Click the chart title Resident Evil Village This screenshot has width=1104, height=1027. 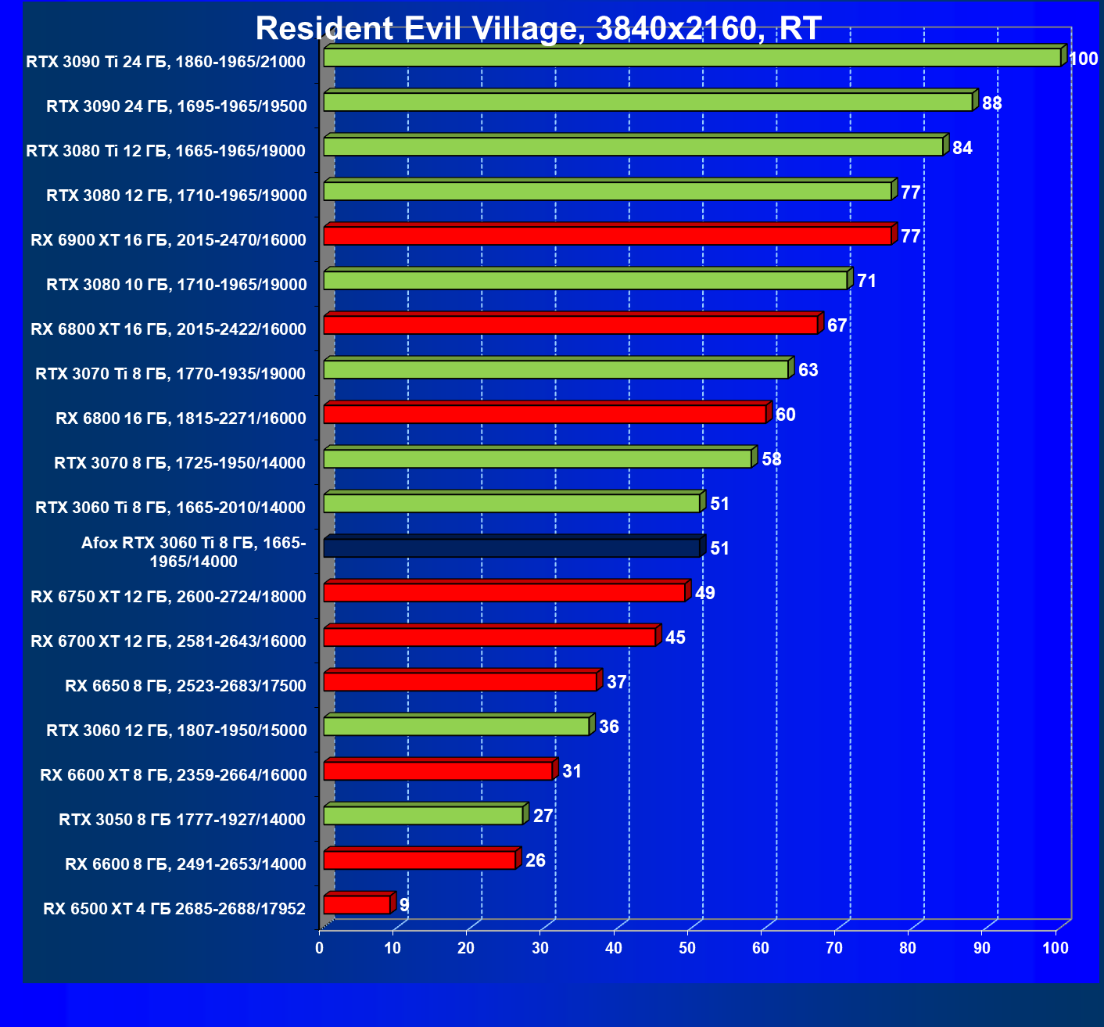(538, 29)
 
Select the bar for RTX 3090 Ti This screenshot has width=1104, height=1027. (691, 57)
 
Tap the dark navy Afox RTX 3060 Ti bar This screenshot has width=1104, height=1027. (511, 548)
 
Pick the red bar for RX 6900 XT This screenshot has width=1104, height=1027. (607, 235)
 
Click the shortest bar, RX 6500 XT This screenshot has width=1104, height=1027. (357, 905)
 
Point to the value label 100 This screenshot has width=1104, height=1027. (1083, 59)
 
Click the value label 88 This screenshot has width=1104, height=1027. (991, 104)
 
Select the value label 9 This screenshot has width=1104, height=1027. (403, 905)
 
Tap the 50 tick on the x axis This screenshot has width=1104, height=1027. (687, 949)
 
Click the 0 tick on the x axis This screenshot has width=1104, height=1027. (319, 949)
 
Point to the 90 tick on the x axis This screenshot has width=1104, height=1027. (981, 949)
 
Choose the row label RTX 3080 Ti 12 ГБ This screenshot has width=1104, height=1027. (166, 151)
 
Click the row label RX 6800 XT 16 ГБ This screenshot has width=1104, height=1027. (168, 329)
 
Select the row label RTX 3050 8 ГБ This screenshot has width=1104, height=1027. (181, 820)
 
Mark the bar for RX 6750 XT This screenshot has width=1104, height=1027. (504, 592)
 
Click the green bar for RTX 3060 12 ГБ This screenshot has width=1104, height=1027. (456, 726)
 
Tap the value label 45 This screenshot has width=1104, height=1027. (675, 637)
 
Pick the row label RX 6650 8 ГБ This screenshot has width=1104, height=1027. (185, 686)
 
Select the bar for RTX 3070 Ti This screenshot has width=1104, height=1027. (555, 369)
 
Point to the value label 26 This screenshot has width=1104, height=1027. (535, 860)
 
